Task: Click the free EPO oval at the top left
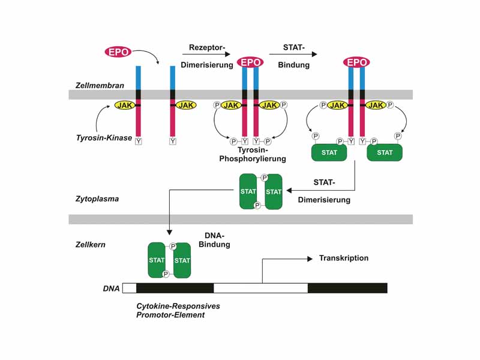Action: coord(119,52)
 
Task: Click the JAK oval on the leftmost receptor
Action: coord(125,105)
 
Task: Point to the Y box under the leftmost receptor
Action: coord(139,142)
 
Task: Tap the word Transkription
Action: coord(344,258)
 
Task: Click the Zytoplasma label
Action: coord(97,198)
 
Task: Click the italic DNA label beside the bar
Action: coord(111,289)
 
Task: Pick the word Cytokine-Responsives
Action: coord(178,306)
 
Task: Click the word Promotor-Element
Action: coord(170,315)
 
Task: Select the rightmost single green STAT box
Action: coord(385,152)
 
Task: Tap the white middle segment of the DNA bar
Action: coord(260,288)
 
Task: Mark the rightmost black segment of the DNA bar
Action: coord(347,288)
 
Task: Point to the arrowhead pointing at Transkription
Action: coord(310,259)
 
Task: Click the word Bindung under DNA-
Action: coord(214,245)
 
